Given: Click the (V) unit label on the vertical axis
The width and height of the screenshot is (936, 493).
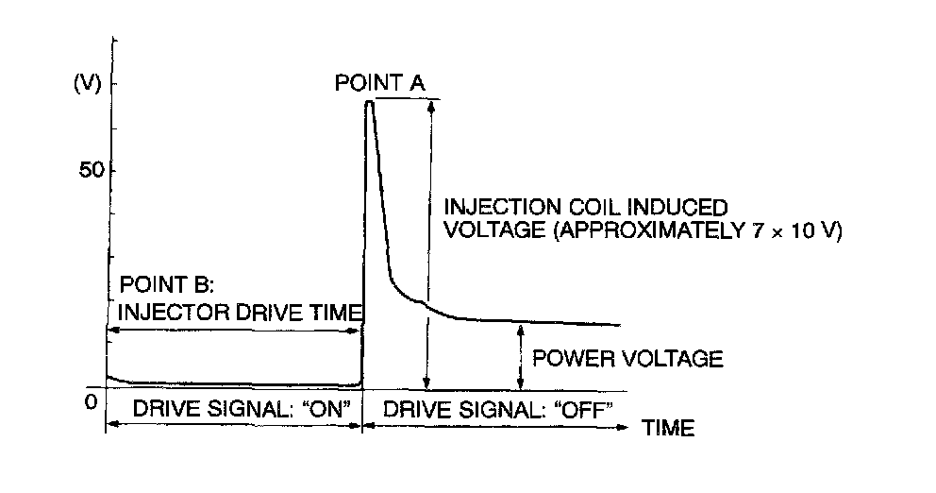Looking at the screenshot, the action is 87,84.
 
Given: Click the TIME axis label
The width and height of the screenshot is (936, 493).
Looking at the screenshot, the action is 669,428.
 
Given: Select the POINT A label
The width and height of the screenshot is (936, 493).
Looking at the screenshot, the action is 380,83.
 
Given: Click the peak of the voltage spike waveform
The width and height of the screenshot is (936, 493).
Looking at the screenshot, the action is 369,101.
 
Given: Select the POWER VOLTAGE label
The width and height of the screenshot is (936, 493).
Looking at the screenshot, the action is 627,358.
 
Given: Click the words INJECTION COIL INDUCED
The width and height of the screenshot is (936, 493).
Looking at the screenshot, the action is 585,206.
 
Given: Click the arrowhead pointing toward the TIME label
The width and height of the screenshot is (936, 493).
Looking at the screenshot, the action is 625,427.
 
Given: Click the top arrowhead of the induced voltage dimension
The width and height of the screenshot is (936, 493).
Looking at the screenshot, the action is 430,103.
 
